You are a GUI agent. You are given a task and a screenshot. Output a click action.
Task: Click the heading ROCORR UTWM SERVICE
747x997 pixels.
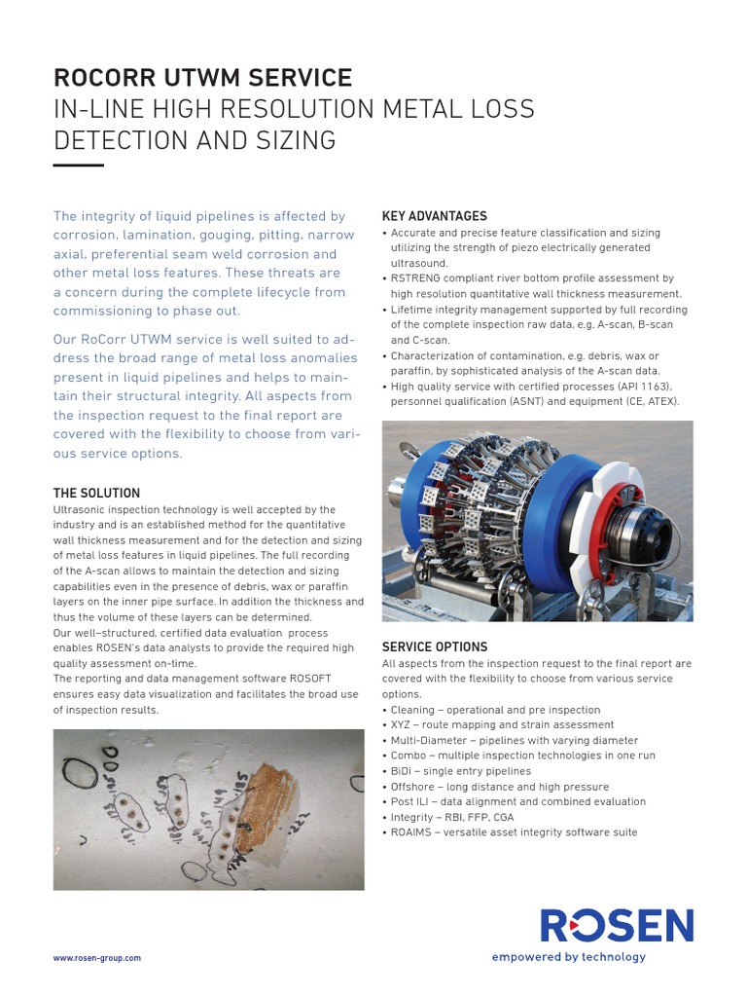202,78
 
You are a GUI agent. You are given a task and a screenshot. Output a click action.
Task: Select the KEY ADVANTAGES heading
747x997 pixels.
434,216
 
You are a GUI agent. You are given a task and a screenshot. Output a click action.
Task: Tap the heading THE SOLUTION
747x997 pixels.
96,494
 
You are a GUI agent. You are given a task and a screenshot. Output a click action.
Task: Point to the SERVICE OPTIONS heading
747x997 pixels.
435,647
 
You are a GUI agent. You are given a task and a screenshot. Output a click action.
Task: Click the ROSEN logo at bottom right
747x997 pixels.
617,926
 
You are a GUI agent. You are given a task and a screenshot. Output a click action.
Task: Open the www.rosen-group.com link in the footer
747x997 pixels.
97,958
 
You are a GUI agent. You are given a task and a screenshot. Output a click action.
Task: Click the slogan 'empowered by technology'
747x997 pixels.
568,957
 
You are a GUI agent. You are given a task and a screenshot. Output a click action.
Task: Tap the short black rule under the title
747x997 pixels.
78,166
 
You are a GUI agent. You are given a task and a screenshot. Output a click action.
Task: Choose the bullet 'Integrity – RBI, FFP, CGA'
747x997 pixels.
451,817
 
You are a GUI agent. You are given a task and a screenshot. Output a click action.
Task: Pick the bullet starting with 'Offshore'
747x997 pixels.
499,787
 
